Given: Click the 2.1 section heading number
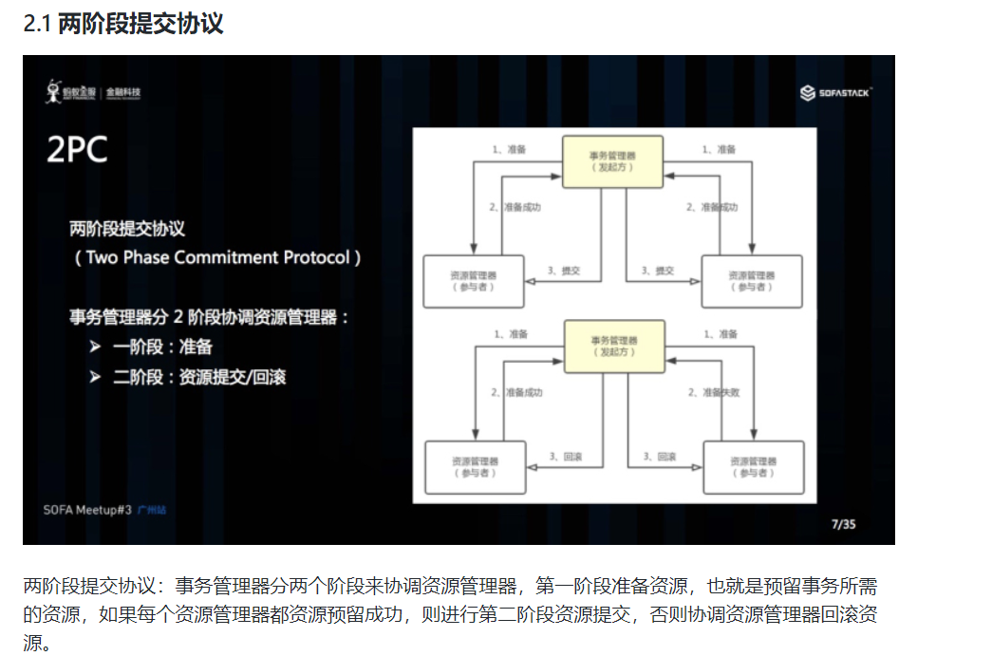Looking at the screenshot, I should [x=38, y=24].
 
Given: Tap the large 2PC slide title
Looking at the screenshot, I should [x=77, y=150].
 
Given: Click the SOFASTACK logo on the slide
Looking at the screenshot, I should [x=835, y=92].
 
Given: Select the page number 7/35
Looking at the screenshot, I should [x=843, y=523].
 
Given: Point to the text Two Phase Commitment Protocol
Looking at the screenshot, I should [x=217, y=257].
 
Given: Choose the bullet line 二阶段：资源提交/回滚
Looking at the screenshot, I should [x=198, y=377].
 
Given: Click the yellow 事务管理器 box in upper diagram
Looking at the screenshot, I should [x=612, y=160].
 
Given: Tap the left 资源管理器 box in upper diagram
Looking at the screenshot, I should [x=473, y=281].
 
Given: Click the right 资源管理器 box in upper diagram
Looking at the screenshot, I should [x=752, y=281].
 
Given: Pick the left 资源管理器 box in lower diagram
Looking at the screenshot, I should [x=475, y=466].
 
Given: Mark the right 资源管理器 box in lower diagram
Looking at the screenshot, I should [x=753, y=466].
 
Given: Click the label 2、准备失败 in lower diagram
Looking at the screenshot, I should [x=713, y=392].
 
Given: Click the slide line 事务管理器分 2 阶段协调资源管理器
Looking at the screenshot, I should [x=210, y=317].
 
